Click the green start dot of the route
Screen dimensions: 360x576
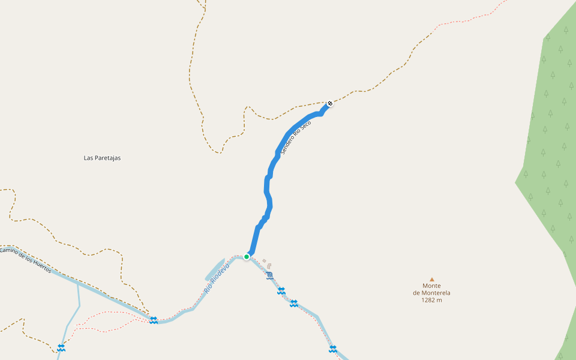[247, 256]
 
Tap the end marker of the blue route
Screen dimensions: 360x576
[329, 103]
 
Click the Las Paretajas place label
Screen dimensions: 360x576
[102, 158]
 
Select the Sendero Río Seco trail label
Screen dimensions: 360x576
[296, 136]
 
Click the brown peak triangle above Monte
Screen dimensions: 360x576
[431, 279]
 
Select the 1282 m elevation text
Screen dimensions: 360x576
[431, 300]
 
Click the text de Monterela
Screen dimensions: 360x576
[431, 293]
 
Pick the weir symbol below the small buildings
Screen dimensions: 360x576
[270, 275]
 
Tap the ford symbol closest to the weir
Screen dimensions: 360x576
[281, 291]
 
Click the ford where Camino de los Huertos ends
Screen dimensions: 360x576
[154, 320]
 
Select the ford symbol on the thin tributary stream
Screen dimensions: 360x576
[61, 348]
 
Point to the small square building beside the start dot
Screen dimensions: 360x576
[264, 260]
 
